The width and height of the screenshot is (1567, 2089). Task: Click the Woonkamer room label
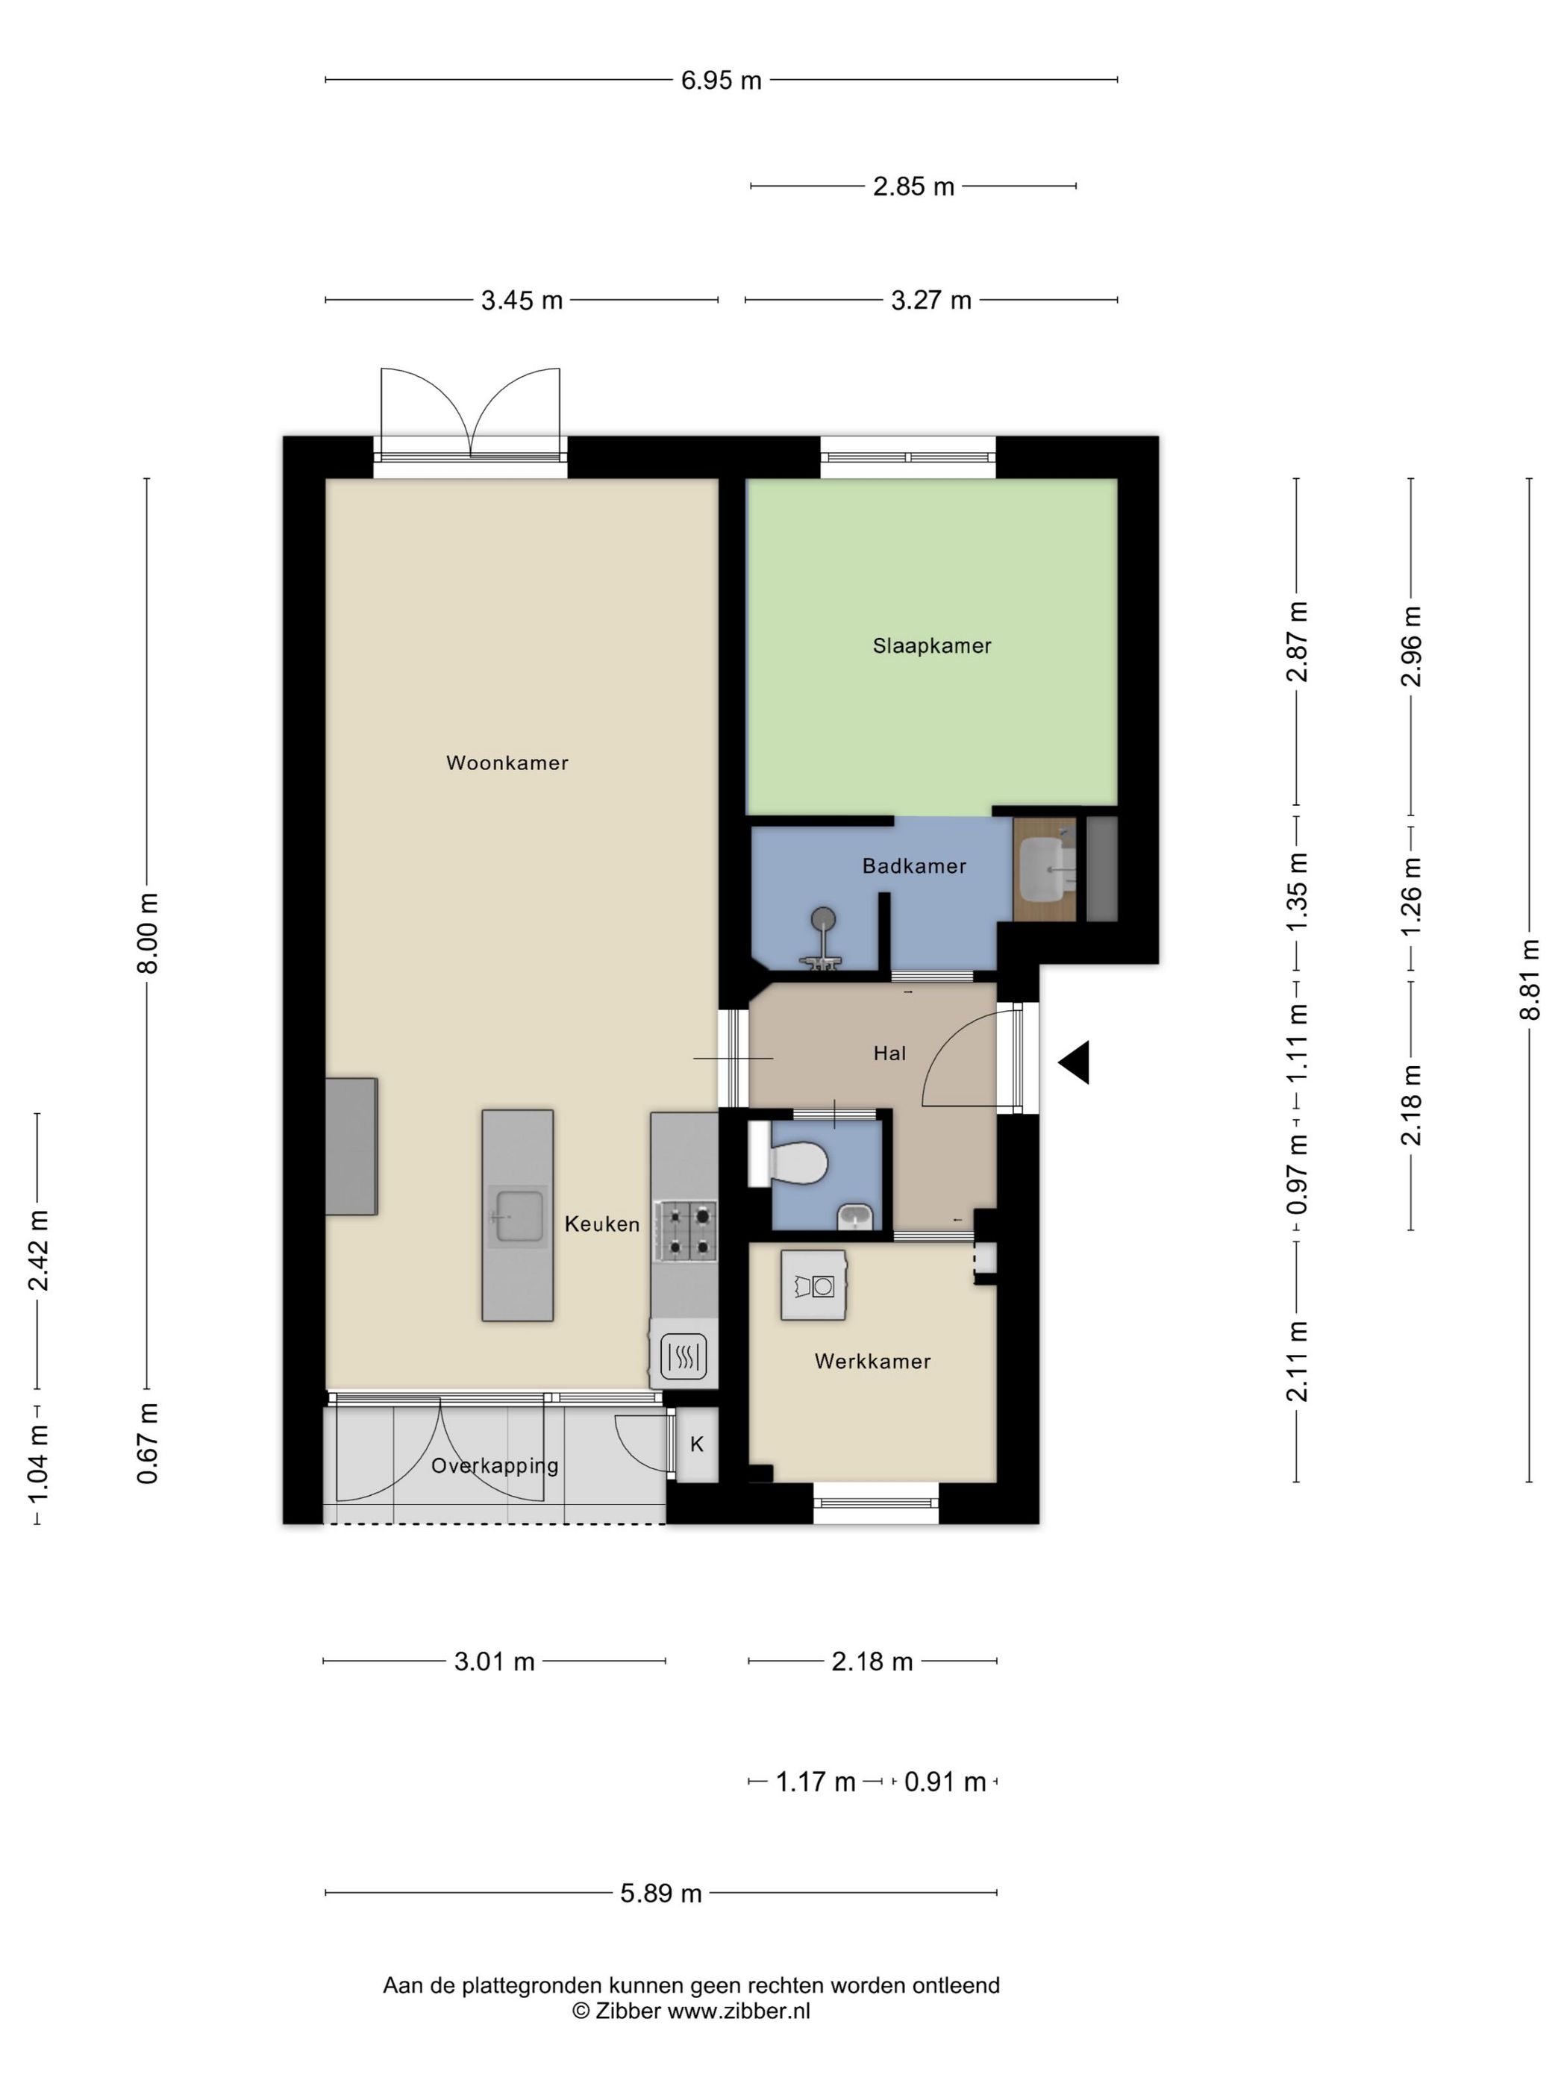[507, 763]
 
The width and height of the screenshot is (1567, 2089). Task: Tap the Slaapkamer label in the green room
[931, 646]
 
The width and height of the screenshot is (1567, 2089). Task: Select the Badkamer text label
[913, 866]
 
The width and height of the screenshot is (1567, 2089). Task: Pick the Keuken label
[601, 1224]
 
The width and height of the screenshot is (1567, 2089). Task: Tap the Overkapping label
[495, 1466]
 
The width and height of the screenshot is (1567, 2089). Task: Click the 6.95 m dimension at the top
[721, 81]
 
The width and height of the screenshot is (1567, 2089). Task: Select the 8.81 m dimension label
[1530, 980]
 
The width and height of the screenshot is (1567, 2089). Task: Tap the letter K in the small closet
[697, 1444]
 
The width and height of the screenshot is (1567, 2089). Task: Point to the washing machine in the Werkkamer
[813, 1285]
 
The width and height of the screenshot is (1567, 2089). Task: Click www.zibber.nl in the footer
[739, 2011]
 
